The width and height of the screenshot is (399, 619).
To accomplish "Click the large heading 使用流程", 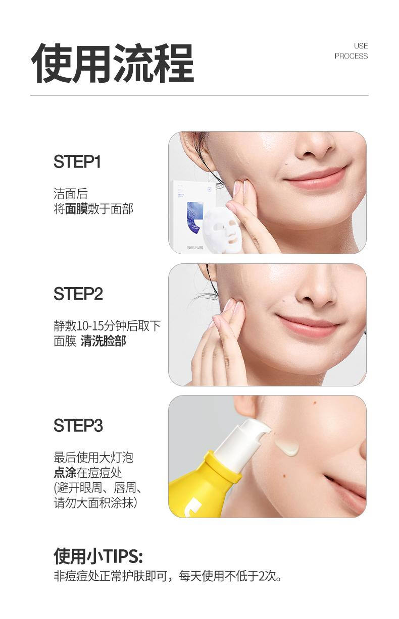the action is click(112, 64).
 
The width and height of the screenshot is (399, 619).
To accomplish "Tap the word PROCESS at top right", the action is click(351, 56).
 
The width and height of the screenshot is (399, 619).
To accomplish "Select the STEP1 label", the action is click(77, 161).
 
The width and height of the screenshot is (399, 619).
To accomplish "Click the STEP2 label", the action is click(78, 294).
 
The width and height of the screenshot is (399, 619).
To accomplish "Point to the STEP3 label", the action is click(78, 425).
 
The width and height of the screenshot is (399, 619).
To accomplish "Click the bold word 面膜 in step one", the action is click(76, 209).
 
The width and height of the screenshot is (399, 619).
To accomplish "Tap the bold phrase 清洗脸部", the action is click(104, 341).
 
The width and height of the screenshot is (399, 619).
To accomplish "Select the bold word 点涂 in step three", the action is click(65, 473).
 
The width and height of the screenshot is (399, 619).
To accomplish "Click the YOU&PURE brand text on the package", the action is click(195, 248).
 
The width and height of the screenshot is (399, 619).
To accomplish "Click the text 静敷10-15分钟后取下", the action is click(107, 326).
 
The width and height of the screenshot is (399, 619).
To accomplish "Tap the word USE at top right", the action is click(361, 46).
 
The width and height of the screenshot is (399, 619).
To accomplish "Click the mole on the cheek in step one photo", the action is click(287, 165).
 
